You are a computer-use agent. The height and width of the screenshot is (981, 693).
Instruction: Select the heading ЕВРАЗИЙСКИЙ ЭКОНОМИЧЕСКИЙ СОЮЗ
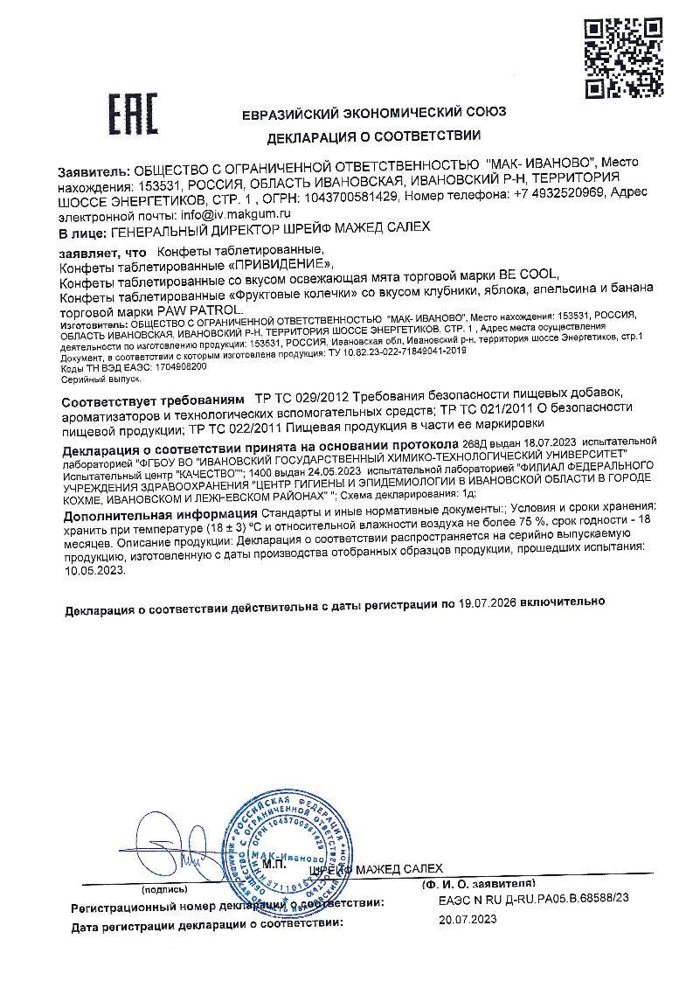tap(374, 113)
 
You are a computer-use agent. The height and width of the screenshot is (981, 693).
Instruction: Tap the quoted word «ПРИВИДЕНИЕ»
tap(279, 264)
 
